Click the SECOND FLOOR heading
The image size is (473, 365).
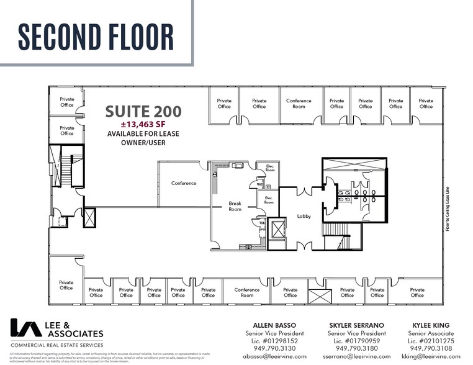point(96,36)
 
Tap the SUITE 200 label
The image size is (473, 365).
point(143,112)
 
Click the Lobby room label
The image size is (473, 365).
point(304,217)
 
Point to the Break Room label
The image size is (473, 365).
point(235,206)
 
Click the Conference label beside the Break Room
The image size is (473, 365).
point(184,183)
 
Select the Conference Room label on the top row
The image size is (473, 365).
point(299,104)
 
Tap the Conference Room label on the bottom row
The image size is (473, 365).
point(247,292)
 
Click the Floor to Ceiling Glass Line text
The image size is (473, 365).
point(447,209)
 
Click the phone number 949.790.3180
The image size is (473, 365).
point(352,348)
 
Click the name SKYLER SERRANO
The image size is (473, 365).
point(352,325)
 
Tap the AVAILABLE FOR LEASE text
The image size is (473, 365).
point(143,134)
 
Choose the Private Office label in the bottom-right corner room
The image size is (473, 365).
point(417,292)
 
